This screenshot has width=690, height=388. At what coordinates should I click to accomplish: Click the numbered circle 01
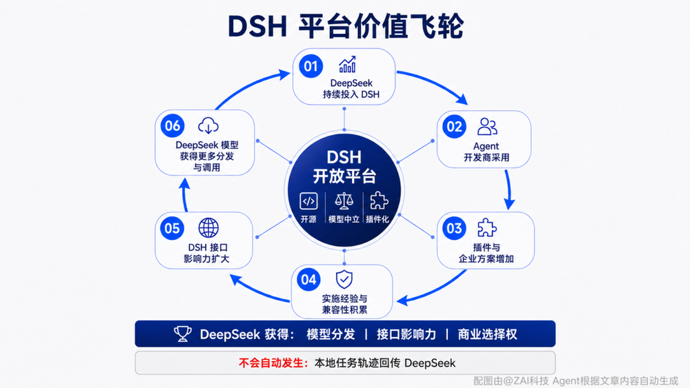point(310,66)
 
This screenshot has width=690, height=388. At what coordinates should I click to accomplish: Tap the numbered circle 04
point(308,280)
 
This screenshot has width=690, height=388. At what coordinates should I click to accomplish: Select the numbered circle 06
point(172,126)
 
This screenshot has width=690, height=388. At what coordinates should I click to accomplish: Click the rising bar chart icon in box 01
point(347,65)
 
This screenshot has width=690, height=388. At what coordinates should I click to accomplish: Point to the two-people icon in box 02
point(487,127)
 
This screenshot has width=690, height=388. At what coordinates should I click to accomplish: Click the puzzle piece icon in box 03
point(487,227)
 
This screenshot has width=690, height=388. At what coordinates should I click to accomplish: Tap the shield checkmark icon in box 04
point(344,280)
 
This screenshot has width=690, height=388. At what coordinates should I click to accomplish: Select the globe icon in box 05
point(208,228)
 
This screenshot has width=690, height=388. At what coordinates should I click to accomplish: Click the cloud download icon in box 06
point(208,125)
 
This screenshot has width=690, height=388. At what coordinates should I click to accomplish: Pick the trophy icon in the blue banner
point(183,334)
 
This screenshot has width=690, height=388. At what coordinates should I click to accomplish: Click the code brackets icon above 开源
point(308,202)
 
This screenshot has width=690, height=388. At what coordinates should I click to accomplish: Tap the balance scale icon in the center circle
point(344,201)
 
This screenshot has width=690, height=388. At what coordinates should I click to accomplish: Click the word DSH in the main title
point(257,26)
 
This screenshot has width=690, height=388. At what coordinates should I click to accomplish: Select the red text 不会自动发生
point(273,363)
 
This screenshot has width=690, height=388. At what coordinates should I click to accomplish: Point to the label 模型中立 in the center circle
point(344,219)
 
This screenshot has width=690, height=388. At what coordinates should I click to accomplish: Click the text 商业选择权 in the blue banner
point(487,334)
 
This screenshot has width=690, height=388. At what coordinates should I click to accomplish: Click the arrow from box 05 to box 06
point(185,195)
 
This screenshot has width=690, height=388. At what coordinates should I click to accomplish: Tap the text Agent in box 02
point(486,146)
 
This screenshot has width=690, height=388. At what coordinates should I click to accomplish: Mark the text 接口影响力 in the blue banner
point(406,334)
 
